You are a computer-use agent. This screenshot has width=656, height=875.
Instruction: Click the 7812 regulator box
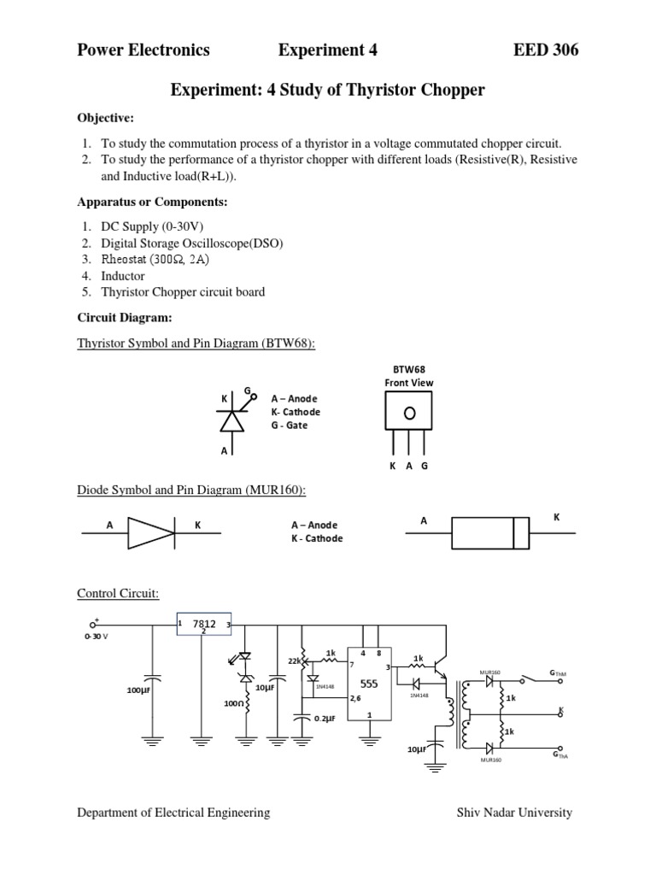204,625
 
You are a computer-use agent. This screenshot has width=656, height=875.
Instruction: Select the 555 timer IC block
368,684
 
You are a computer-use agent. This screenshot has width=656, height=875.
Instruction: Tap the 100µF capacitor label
138,690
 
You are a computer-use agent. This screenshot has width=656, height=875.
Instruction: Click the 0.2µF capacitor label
327,719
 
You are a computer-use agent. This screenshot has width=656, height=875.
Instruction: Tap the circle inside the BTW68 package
409,413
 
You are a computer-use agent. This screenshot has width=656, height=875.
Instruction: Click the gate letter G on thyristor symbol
247,391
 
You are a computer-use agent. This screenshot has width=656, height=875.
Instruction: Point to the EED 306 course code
545,50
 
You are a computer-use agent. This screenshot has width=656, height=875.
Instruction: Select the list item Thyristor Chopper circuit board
183,292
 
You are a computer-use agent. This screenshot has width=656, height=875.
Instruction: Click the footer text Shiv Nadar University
514,813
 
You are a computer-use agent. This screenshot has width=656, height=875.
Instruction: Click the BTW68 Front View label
408,376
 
